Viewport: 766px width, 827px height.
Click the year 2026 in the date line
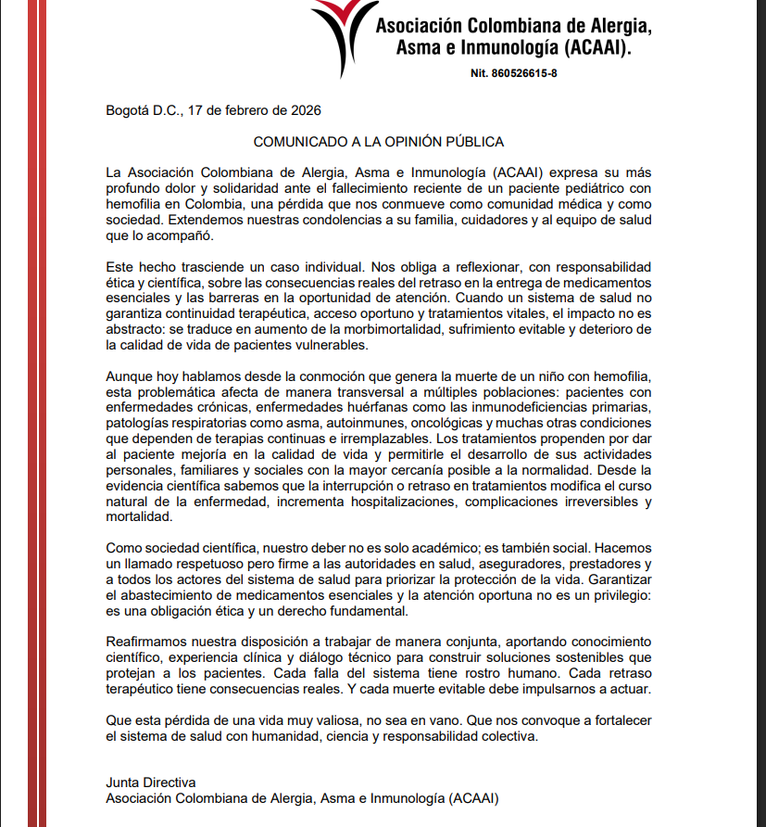tap(305, 110)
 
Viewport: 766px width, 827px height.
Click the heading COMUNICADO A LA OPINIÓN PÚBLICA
tap(379, 142)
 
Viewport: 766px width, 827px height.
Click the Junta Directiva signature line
tap(151, 782)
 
